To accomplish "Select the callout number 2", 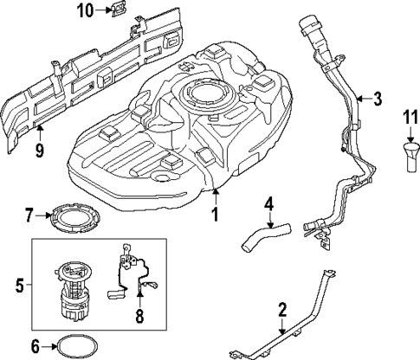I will pyautogui.click(x=282, y=309).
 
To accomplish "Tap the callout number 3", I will pyautogui.click(x=377, y=99).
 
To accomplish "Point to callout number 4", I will pyautogui.click(x=269, y=204).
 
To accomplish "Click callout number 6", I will pyautogui.click(x=35, y=346).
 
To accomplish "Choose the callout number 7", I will pyautogui.click(x=29, y=213).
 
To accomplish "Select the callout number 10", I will pyautogui.click(x=84, y=10).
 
